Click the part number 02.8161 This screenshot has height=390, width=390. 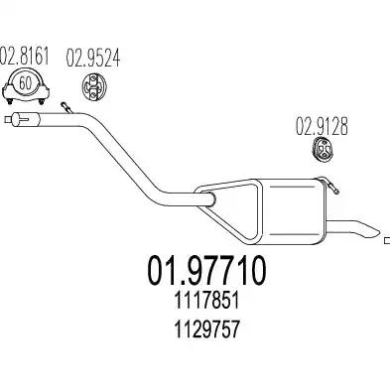(x=24, y=56)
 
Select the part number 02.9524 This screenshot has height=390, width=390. (x=93, y=59)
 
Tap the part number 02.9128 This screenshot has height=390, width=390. (x=322, y=126)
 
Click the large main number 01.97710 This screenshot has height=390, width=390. (x=206, y=270)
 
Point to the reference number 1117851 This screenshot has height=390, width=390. (x=206, y=301)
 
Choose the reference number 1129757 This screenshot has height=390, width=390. (x=206, y=329)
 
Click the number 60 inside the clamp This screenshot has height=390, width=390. (x=25, y=82)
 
